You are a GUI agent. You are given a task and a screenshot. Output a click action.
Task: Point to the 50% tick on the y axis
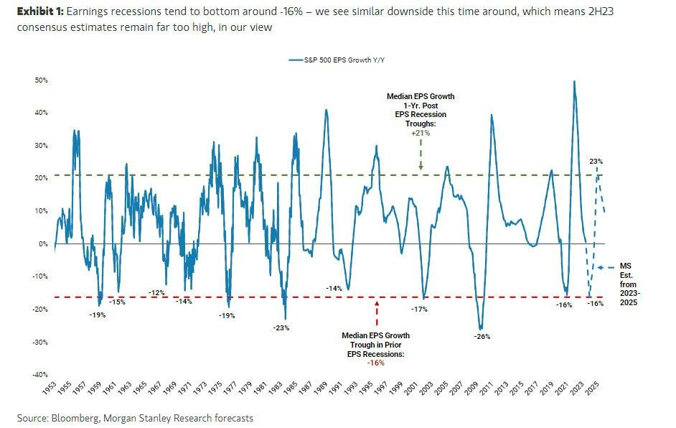41,80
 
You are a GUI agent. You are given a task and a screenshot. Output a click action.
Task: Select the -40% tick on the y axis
40,375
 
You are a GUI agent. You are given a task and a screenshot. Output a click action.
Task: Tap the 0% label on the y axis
44,244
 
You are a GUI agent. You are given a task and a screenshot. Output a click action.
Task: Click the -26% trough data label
482,336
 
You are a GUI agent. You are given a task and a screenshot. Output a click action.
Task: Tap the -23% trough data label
281,328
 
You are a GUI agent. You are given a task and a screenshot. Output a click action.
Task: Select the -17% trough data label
419,310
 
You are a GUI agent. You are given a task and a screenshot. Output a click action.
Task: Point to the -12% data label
157,292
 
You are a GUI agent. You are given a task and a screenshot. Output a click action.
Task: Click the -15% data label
117,302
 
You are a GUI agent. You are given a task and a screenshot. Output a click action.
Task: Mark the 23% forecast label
595,162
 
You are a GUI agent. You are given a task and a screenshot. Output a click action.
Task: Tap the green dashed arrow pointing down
421,154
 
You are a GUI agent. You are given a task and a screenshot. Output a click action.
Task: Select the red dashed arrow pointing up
377,315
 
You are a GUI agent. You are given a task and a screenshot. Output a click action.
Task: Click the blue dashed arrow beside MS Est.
605,267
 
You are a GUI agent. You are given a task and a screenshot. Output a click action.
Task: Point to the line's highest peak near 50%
574,81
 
